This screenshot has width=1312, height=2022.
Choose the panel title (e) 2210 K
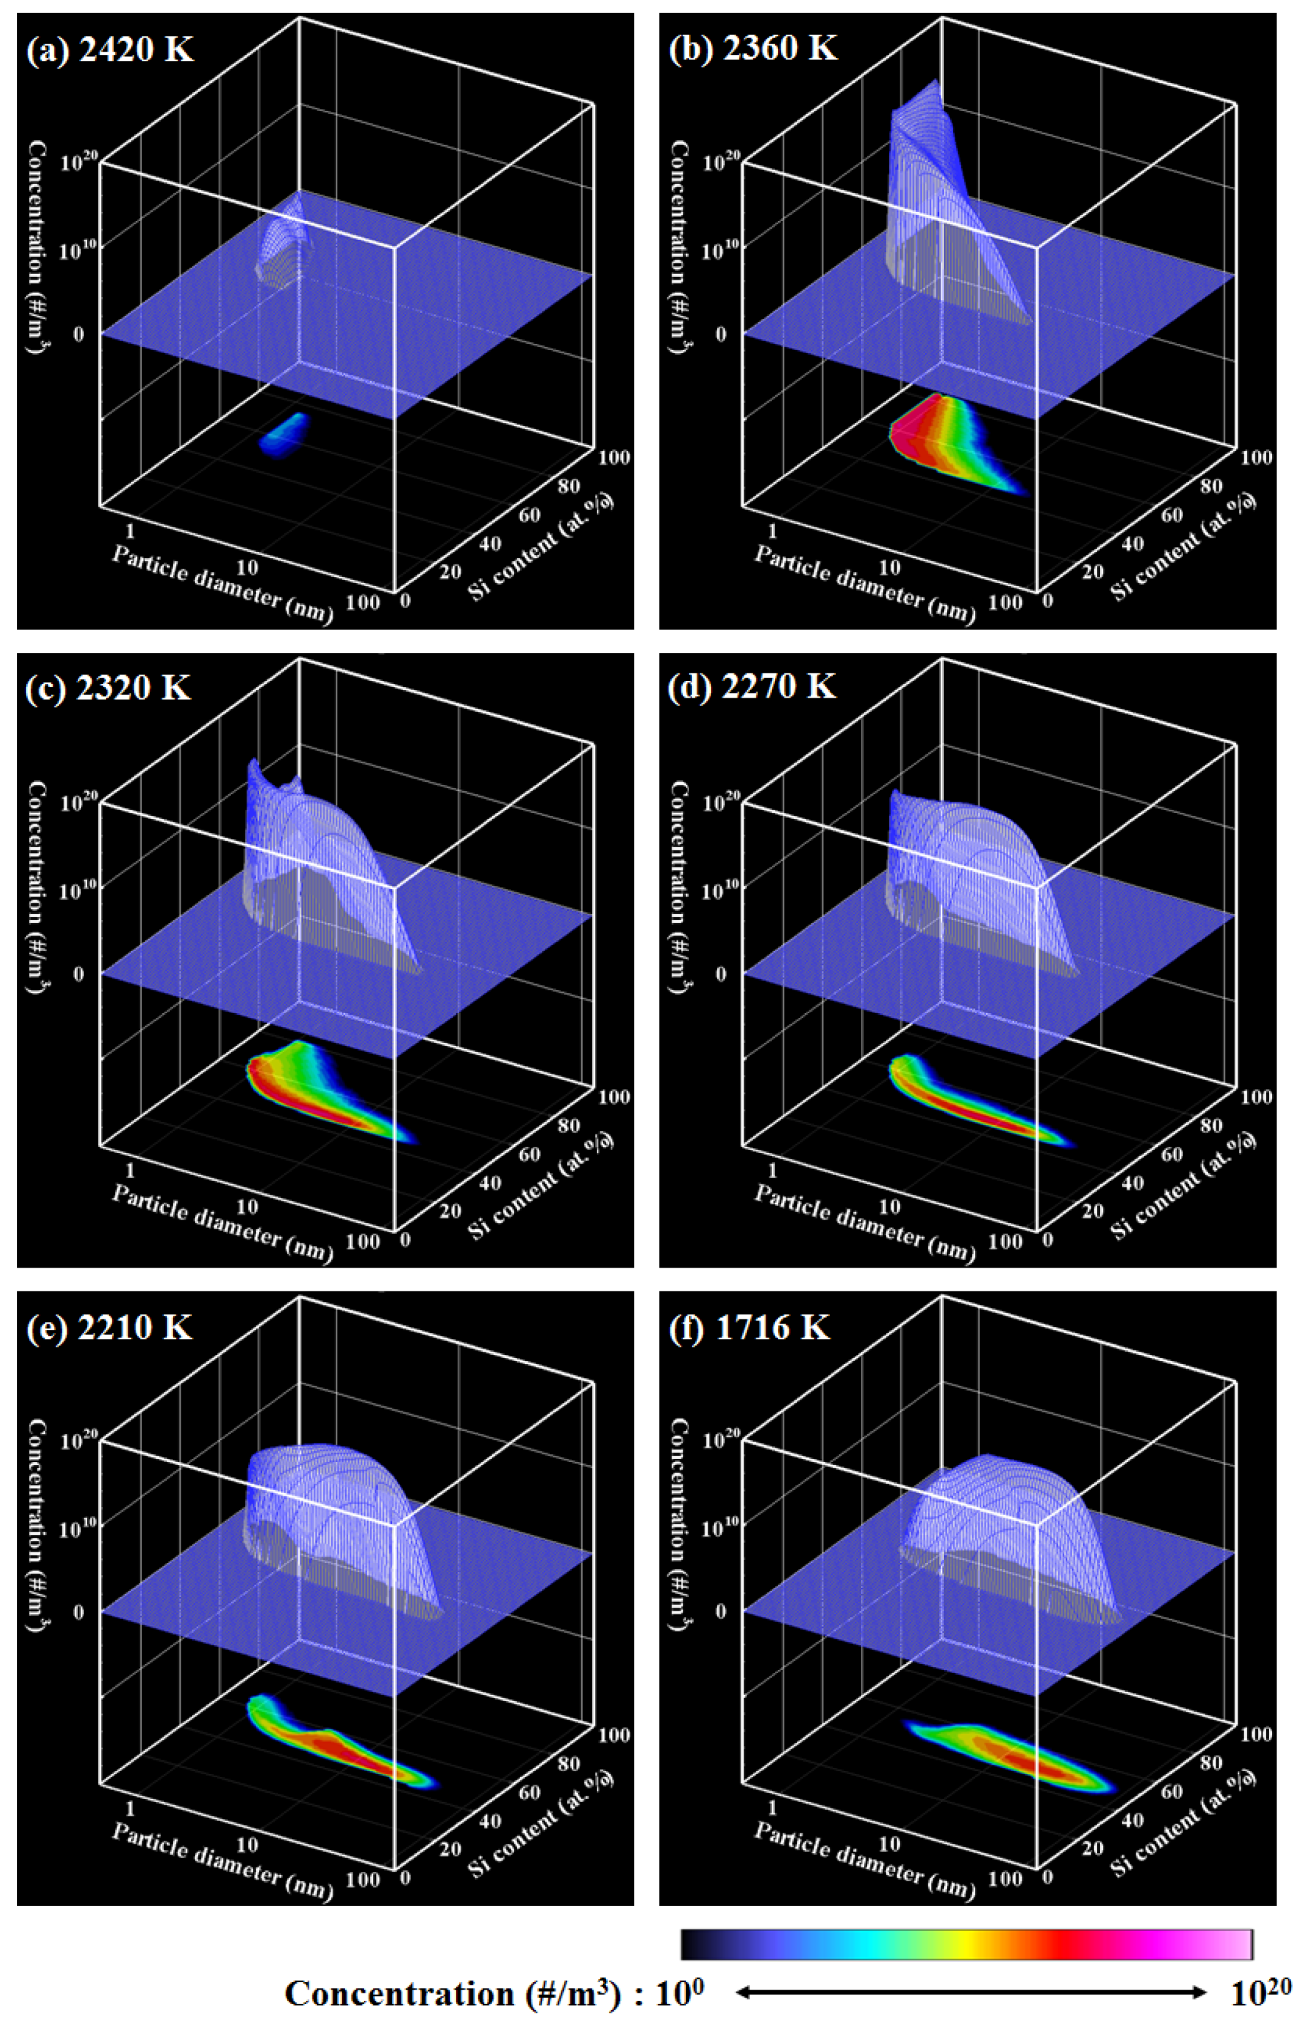click(109, 1326)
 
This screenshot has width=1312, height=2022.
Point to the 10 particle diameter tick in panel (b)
click(889, 567)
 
